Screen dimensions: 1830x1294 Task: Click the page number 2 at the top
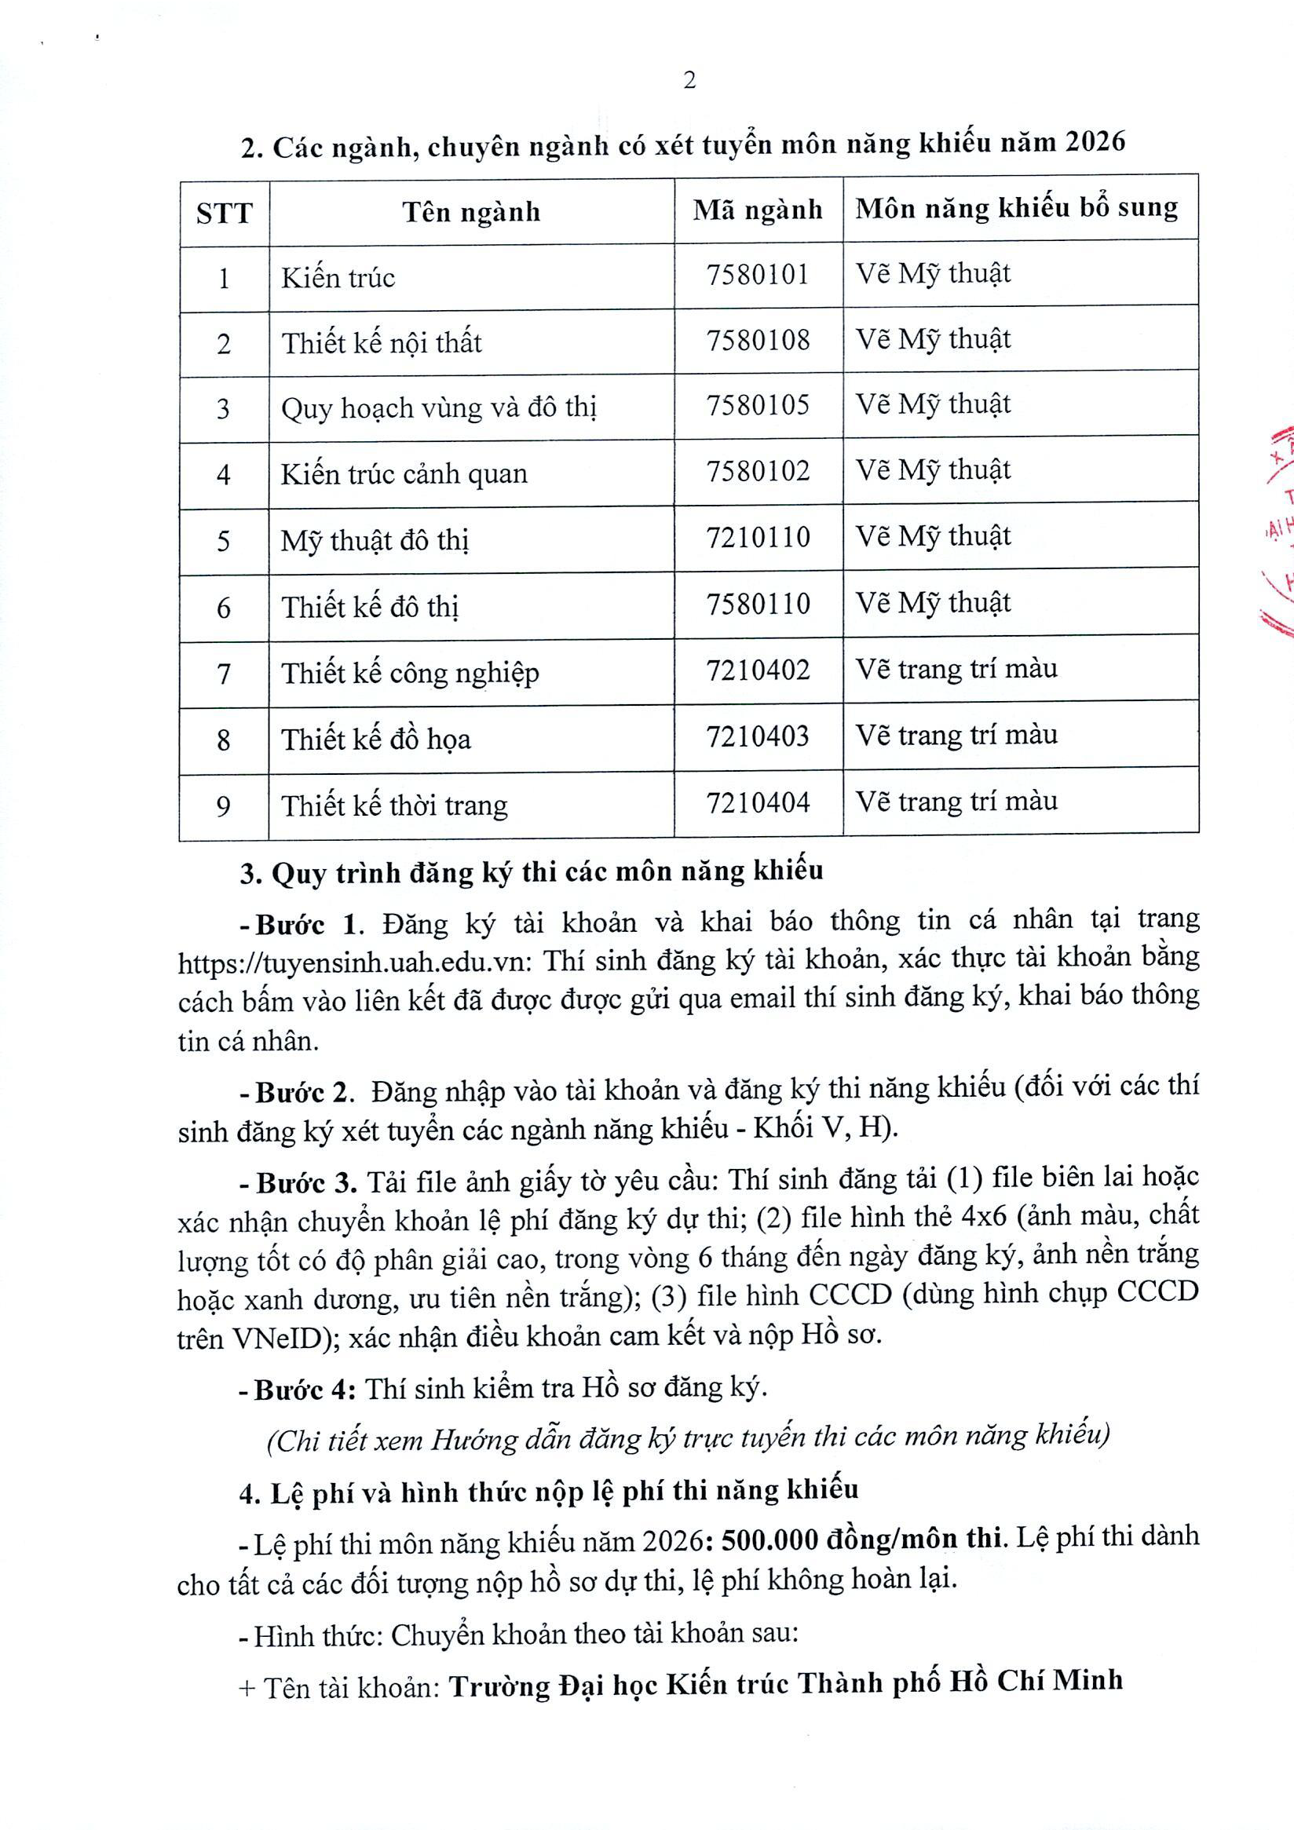(x=689, y=81)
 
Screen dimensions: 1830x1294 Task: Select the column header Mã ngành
(x=758, y=210)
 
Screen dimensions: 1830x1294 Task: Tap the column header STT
(x=224, y=213)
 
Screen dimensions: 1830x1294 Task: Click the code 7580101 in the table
(x=758, y=275)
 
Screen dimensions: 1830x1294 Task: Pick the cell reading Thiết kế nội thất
(x=382, y=343)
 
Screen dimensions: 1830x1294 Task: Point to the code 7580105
(x=758, y=405)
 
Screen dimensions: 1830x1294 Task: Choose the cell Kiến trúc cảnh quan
(x=404, y=474)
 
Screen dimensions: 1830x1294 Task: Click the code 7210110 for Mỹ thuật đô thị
(x=758, y=536)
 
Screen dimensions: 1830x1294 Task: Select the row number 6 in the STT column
(x=223, y=608)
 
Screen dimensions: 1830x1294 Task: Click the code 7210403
(x=758, y=736)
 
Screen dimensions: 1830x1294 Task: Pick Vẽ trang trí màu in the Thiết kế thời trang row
(x=956, y=801)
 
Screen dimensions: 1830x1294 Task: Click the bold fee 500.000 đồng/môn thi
(x=861, y=1536)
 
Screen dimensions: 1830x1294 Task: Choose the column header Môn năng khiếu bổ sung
(x=1017, y=208)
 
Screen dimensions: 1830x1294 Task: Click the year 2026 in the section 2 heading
(x=1095, y=142)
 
